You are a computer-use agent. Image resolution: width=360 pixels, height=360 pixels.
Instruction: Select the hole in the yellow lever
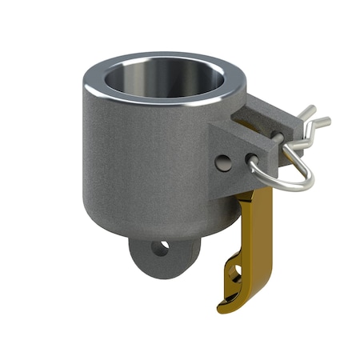tap(236, 276)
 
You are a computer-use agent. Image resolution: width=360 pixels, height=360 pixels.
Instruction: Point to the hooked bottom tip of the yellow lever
tap(223, 305)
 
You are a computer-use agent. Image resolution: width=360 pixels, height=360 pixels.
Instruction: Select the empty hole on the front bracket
tap(224, 163)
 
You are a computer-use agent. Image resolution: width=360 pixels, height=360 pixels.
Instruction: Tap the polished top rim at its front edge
tap(160, 107)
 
